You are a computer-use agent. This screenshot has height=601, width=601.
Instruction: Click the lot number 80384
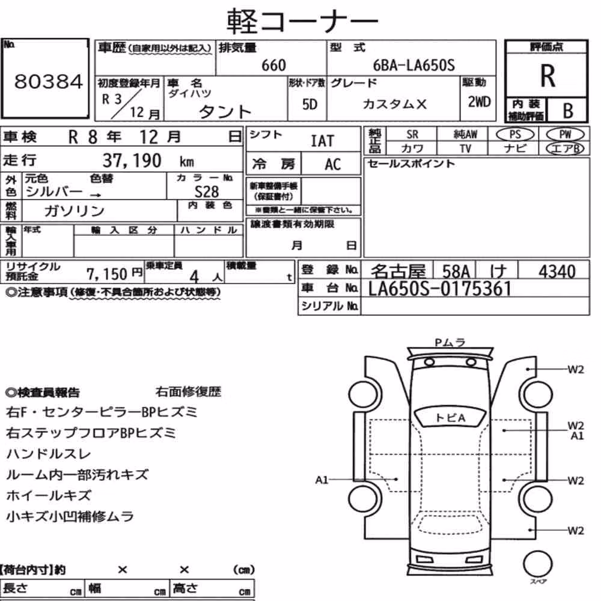pyautogui.click(x=48, y=82)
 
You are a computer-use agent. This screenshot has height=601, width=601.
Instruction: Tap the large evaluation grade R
pyautogui.click(x=548, y=76)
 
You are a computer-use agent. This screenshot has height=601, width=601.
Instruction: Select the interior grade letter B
pyautogui.click(x=568, y=111)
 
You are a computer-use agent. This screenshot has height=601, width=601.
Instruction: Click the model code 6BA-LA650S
pyautogui.click(x=413, y=66)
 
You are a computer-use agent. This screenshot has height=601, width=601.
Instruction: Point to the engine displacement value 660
pyautogui.click(x=273, y=66)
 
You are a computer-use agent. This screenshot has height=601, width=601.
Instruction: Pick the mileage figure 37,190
pyautogui.click(x=132, y=160)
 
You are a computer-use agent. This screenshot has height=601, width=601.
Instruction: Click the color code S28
pyautogui.click(x=207, y=192)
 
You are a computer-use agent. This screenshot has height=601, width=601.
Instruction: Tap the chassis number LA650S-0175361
pyautogui.click(x=440, y=288)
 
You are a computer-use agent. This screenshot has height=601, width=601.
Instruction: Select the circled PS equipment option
pyautogui.click(x=515, y=135)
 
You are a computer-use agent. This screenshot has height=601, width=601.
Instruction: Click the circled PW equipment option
pyautogui.click(x=565, y=135)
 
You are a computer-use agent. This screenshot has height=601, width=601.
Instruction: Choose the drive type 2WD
pyautogui.click(x=479, y=102)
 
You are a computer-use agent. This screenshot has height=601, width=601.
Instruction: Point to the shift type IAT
pyautogui.click(x=322, y=141)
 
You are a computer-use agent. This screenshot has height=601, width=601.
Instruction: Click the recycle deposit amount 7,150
pyautogui.click(x=106, y=274)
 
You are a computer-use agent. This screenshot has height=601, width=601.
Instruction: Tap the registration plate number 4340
pyautogui.click(x=557, y=272)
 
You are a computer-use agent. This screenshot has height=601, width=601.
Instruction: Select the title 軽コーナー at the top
pyautogui.click(x=302, y=21)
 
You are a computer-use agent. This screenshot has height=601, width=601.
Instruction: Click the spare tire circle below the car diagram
pyautogui.click(x=537, y=564)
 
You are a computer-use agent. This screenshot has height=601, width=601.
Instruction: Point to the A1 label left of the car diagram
pyautogui.click(x=322, y=480)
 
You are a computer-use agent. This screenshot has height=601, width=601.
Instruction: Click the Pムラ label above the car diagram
pyautogui.click(x=450, y=343)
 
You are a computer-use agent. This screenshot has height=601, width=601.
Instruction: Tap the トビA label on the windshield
pyautogui.click(x=450, y=418)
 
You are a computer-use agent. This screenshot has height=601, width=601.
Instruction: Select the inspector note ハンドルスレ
pyautogui.click(x=49, y=454)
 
